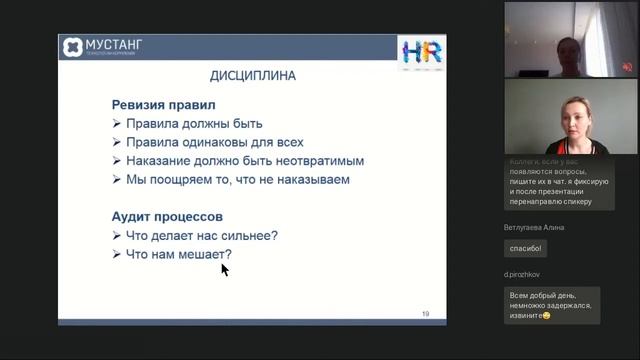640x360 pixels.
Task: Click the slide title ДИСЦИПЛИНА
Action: pyautogui.click(x=251, y=75)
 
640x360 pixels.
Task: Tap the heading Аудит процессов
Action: pyautogui.click(x=167, y=216)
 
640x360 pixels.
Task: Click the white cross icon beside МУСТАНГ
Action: pyautogui.click(x=73, y=47)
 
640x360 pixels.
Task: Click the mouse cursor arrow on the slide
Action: pyautogui.click(x=225, y=269)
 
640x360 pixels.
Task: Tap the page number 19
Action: pyautogui.click(x=425, y=314)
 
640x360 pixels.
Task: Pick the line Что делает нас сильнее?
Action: pyautogui.click(x=201, y=235)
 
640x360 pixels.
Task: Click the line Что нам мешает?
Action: pyautogui.click(x=178, y=254)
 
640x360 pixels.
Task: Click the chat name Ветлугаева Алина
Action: pyautogui.click(x=541, y=227)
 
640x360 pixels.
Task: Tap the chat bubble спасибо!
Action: pyautogui.click(x=525, y=248)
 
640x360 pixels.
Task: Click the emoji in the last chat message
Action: pyautogui.click(x=547, y=315)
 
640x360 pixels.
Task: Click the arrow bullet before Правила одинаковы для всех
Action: pyautogui.click(x=117, y=143)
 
